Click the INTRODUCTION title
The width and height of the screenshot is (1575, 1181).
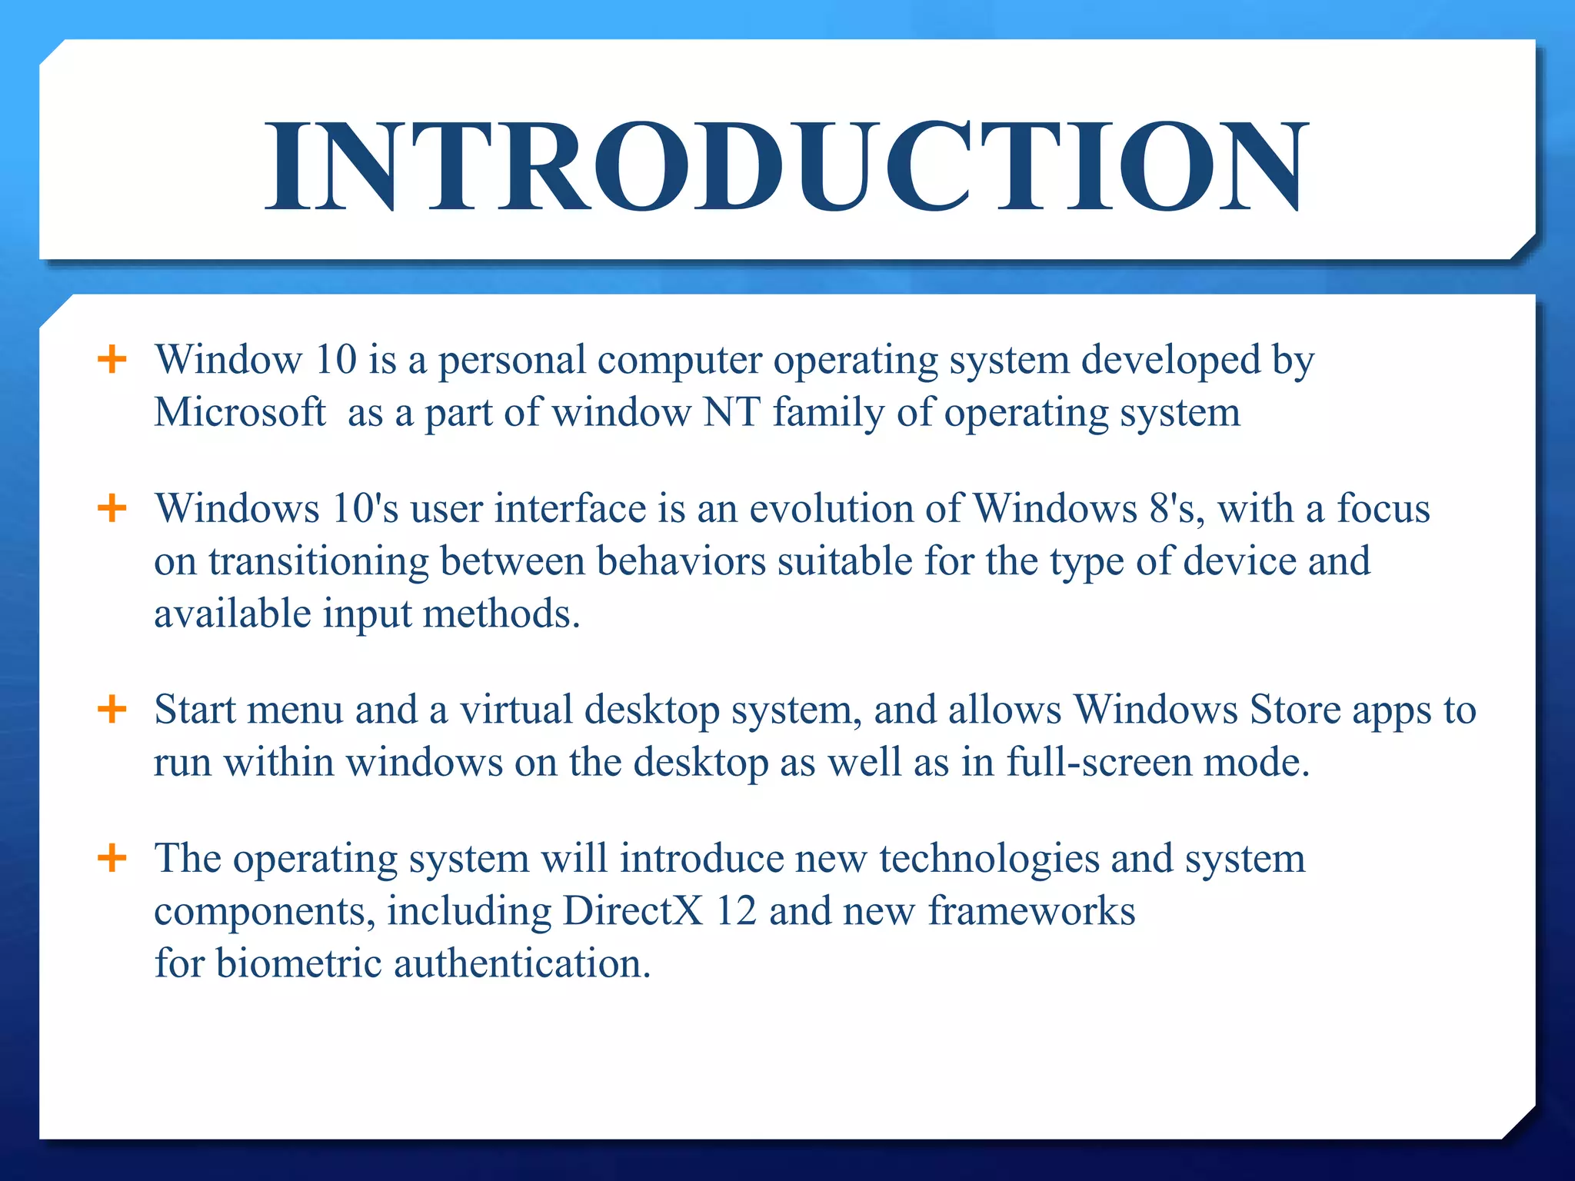pyautogui.click(x=786, y=167)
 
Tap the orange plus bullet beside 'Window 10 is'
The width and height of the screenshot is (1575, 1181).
pyautogui.click(x=112, y=359)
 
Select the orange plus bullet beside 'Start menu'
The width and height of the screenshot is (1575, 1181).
pyautogui.click(x=112, y=709)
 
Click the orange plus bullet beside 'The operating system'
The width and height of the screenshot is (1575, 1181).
pyautogui.click(x=112, y=857)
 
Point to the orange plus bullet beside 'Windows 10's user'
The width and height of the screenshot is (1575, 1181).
pyautogui.click(x=112, y=507)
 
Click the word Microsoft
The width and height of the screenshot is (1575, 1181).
pyautogui.click(x=239, y=412)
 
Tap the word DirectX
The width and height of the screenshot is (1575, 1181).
pyautogui.click(x=632, y=911)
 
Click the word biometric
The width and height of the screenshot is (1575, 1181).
pyautogui.click(x=298, y=963)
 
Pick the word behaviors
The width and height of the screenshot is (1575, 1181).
pyautogui.click(x=681, y=561)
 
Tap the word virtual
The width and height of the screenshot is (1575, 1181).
pyautogui.click(x=516, y=709)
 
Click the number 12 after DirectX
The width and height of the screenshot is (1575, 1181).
pyautogui.click(x=736, y=911)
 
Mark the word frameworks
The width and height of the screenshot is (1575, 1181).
pyautogui.click(x=1031, y=911)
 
